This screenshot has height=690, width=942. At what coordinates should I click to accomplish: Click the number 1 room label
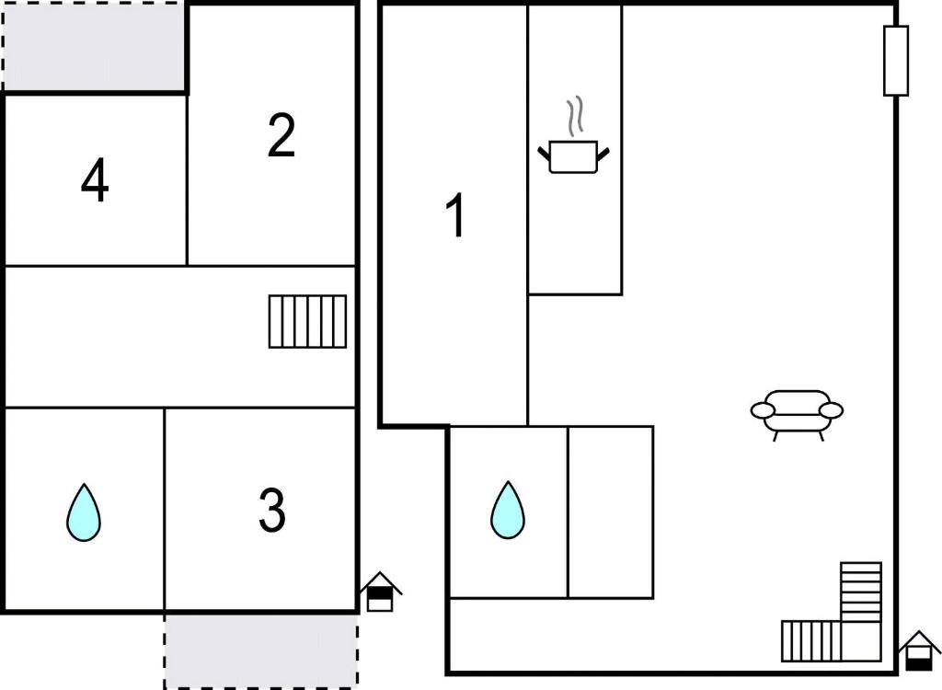click(456, 215)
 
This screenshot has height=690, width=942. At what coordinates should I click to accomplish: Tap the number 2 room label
click(281, 136)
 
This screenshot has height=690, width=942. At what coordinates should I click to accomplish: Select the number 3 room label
click(272, 511)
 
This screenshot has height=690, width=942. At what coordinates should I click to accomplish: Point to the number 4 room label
click(95, 180)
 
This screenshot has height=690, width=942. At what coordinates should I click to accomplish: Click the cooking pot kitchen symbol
click(573, 156)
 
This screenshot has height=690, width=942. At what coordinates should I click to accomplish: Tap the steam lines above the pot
click(575, 114)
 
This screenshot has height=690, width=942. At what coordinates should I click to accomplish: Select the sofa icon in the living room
click(797, 415)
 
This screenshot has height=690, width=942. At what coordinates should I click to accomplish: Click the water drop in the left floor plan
click(84, 512)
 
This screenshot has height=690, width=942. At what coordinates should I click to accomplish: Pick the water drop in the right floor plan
click(508, 510)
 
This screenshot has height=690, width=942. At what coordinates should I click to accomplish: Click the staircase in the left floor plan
click(307, 322)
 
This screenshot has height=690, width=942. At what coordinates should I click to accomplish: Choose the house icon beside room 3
click(380, 592)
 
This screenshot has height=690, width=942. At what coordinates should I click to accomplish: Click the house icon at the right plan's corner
click(919, 651)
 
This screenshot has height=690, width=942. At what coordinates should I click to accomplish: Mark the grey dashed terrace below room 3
click(261, 650)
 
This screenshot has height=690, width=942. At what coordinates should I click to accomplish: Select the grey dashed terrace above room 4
click(95, 46)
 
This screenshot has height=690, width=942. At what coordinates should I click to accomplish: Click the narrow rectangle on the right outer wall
click(896, 61)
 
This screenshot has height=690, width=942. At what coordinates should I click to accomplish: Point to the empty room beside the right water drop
click(611, 512)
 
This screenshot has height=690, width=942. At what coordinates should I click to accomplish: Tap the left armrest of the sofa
click(763, 411)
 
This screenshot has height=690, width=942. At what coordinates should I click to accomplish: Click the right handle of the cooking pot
click(603, 154)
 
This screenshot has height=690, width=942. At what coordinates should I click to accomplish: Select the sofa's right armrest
click(831, 411)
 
